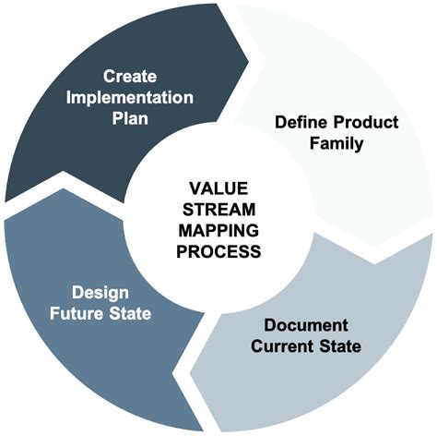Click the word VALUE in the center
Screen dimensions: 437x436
click(x=218, y=188)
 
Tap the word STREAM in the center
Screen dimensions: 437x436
click(x=218, y=210)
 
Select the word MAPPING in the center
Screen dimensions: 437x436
click(x=218, y=230)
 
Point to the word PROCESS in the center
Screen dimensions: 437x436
click(x=218, y=251)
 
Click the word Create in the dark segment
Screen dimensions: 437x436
click(x=130, y=76)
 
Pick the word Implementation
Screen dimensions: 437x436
click(x=130, y=98)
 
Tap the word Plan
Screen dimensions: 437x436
click(x=130, y=118)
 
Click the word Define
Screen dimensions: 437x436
click(x=301, y=122)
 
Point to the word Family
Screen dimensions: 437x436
click(x=337, y=143)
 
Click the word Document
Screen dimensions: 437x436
click(x=306, y=325)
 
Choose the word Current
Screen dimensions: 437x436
click(x=282, y=346)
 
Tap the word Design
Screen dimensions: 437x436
click(x=100, y=293)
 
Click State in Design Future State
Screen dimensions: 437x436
click(x=130, y=313)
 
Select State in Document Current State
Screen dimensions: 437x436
click(x=340, y=346)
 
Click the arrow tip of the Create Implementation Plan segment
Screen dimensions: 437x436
click(x=248, y=62)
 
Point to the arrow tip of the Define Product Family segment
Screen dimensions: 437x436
click(x=375, y=263)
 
